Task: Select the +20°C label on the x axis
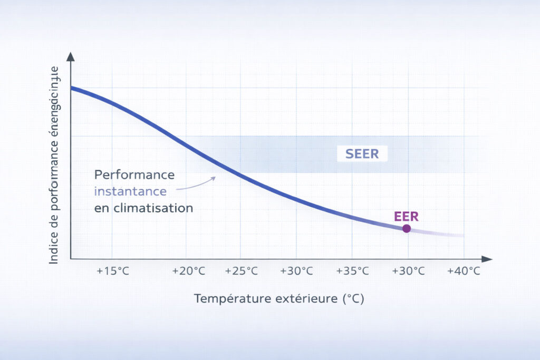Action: (x=189, y=271)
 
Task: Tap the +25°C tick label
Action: (x=242, y=271)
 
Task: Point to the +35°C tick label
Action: (x=352, y=271)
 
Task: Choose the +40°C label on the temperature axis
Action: (x=464, y=271)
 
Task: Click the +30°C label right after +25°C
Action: (x=296, y=271)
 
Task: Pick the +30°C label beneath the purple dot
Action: (x=408, y=271)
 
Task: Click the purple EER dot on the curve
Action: (x=406, y=228)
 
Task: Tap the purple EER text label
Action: (x=406, y=216)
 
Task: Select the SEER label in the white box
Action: (x=362, y=154)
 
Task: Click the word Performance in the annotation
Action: (x=135, y=174)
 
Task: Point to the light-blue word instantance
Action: (x=131, y=191)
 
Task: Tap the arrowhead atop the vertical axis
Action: (x=71, y=56)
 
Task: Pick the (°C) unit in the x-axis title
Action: (x=353, y=299)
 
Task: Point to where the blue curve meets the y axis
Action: (x=71, y=87)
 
